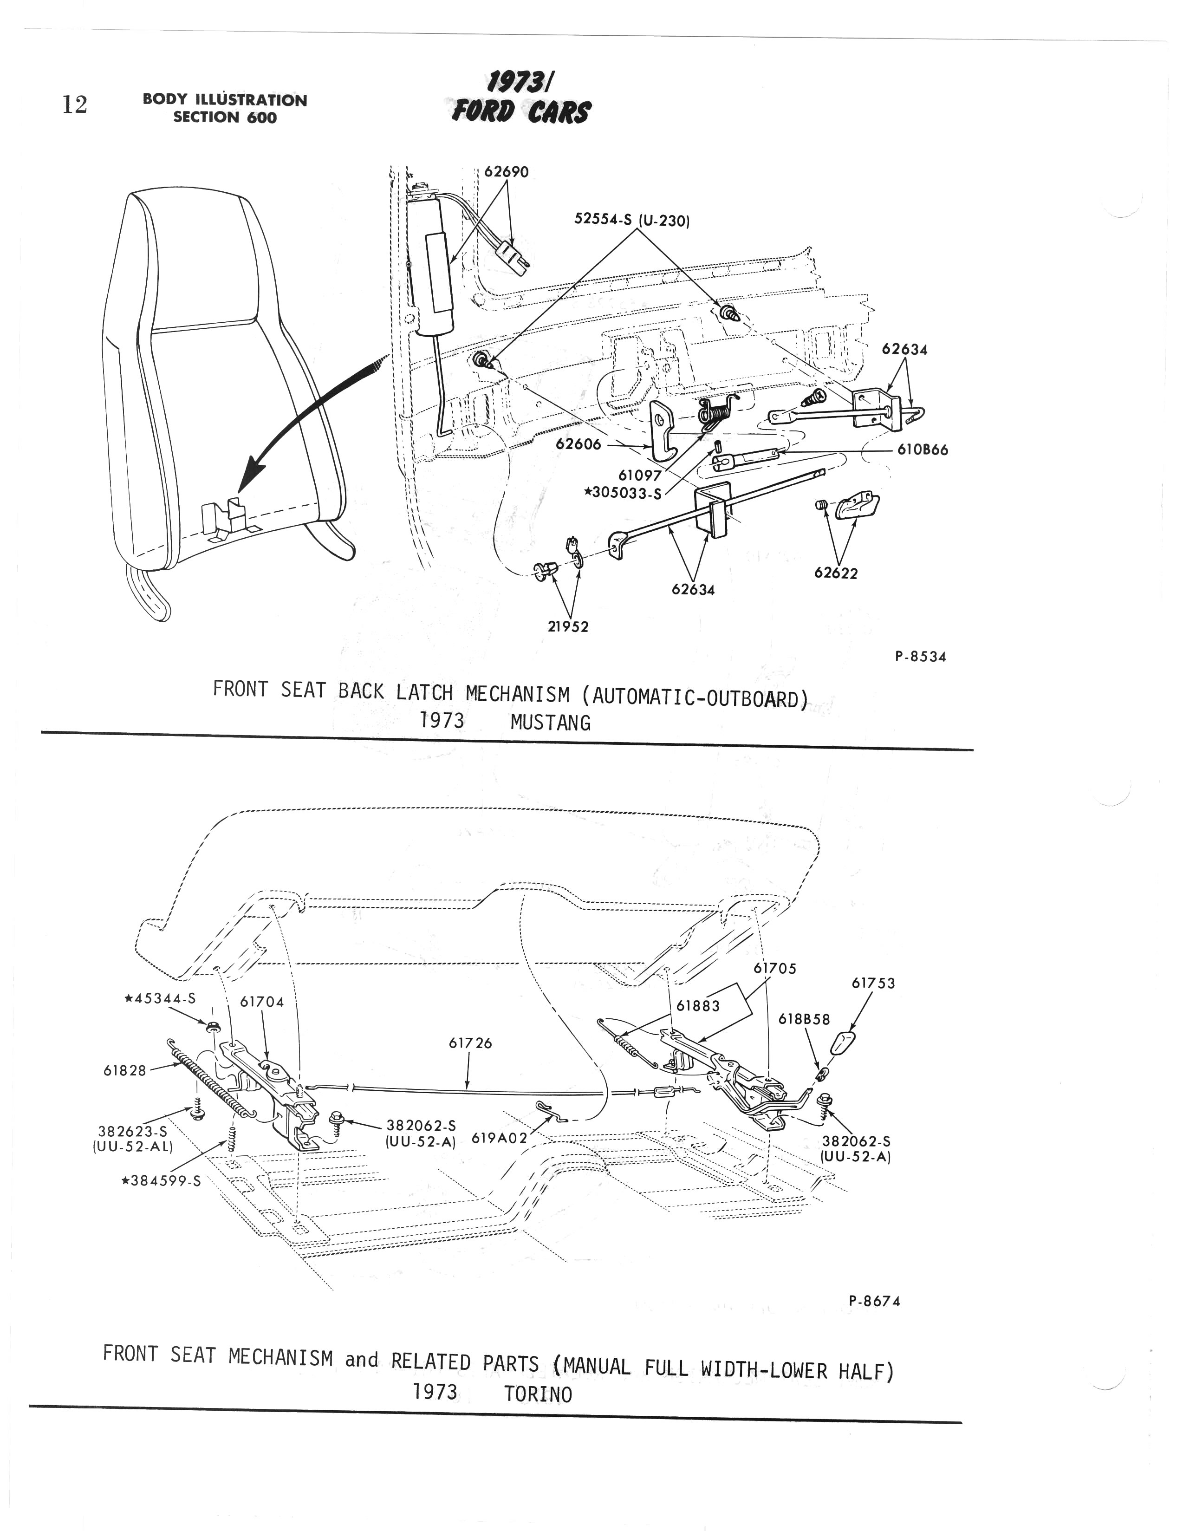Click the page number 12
tap(74, 105)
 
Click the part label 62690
tap(506, 172)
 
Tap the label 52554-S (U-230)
tap(632, 220)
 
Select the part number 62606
tap(578, 444)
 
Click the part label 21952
tap(568, 627)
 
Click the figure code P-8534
tap(920, 657)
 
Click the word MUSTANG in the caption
tap(550, 723)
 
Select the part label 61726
tap(470, 1043)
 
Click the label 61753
tap(873, 984)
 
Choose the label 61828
tap(125, 1070)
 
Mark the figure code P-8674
tap(874, 1301)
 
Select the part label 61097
tap(639, 476)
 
